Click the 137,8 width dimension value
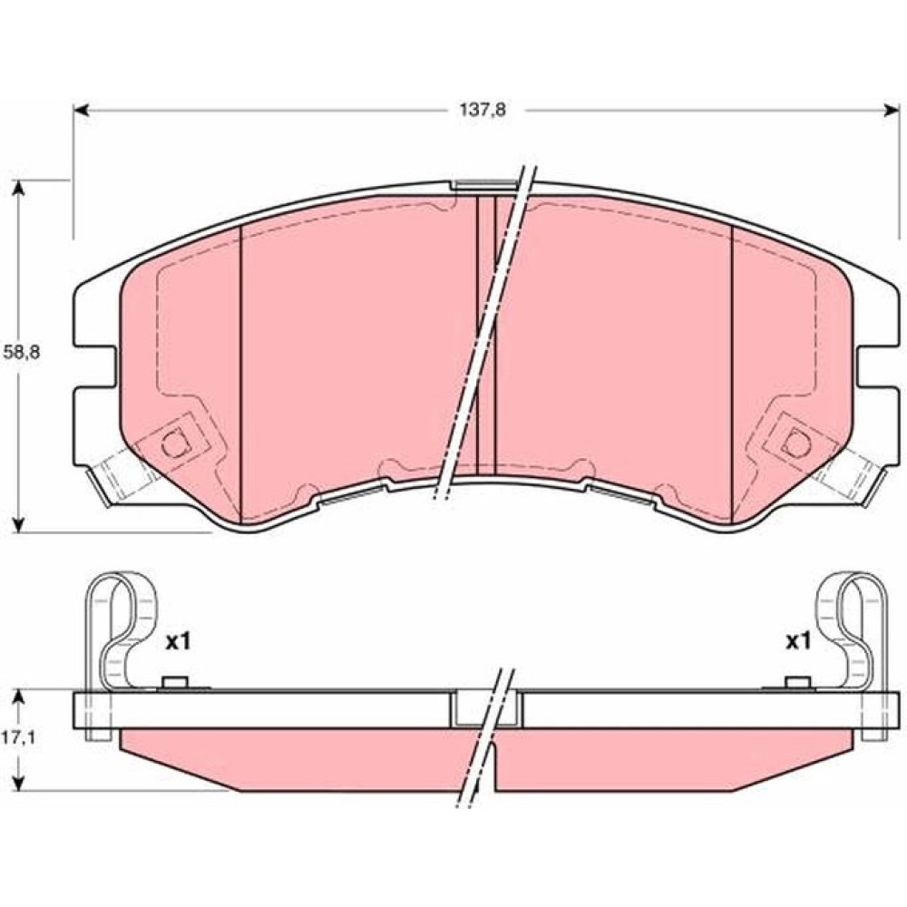[483, 110]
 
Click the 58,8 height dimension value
[22, 353]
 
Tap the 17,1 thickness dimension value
[21, 738]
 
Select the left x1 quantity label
[178, 641]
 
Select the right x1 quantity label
[797, 641]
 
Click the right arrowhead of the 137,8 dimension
[892, 110]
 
